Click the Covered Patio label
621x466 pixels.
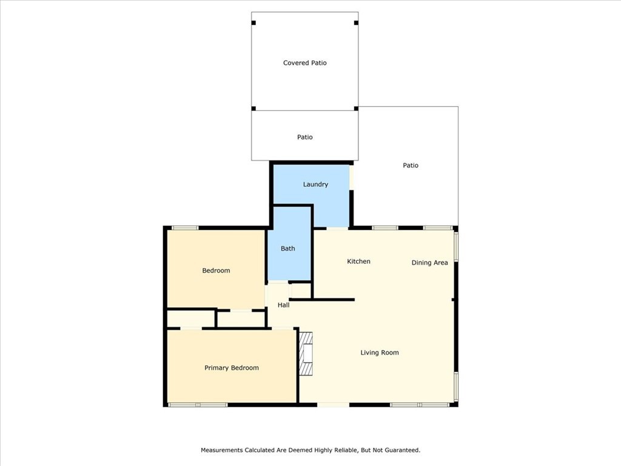(x=305, y=63)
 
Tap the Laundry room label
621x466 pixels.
(x=315, y=184)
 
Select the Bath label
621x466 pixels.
(x=288, y=249)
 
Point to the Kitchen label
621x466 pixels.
(x=358, y=262)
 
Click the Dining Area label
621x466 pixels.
(x=429, y=263)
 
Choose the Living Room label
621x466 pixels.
(x=380, y=353)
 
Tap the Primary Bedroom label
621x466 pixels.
(x=232, y=368)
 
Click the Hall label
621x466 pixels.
(x=283, y=305)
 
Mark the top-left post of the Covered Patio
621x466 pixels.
(x=254, y=23)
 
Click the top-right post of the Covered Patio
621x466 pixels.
(x=356, y=23)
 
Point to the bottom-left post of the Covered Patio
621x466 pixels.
(x=254, y=109)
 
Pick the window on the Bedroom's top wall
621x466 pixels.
(x=184, y=228)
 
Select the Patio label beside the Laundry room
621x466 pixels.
(x=411, y=166)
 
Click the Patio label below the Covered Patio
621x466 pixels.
(x=305, y=137)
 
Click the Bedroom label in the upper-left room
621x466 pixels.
(x=216, y=271)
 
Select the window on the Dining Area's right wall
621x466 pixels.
(x=456, y=247)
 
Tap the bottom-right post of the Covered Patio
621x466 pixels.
(x=356, y=109)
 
